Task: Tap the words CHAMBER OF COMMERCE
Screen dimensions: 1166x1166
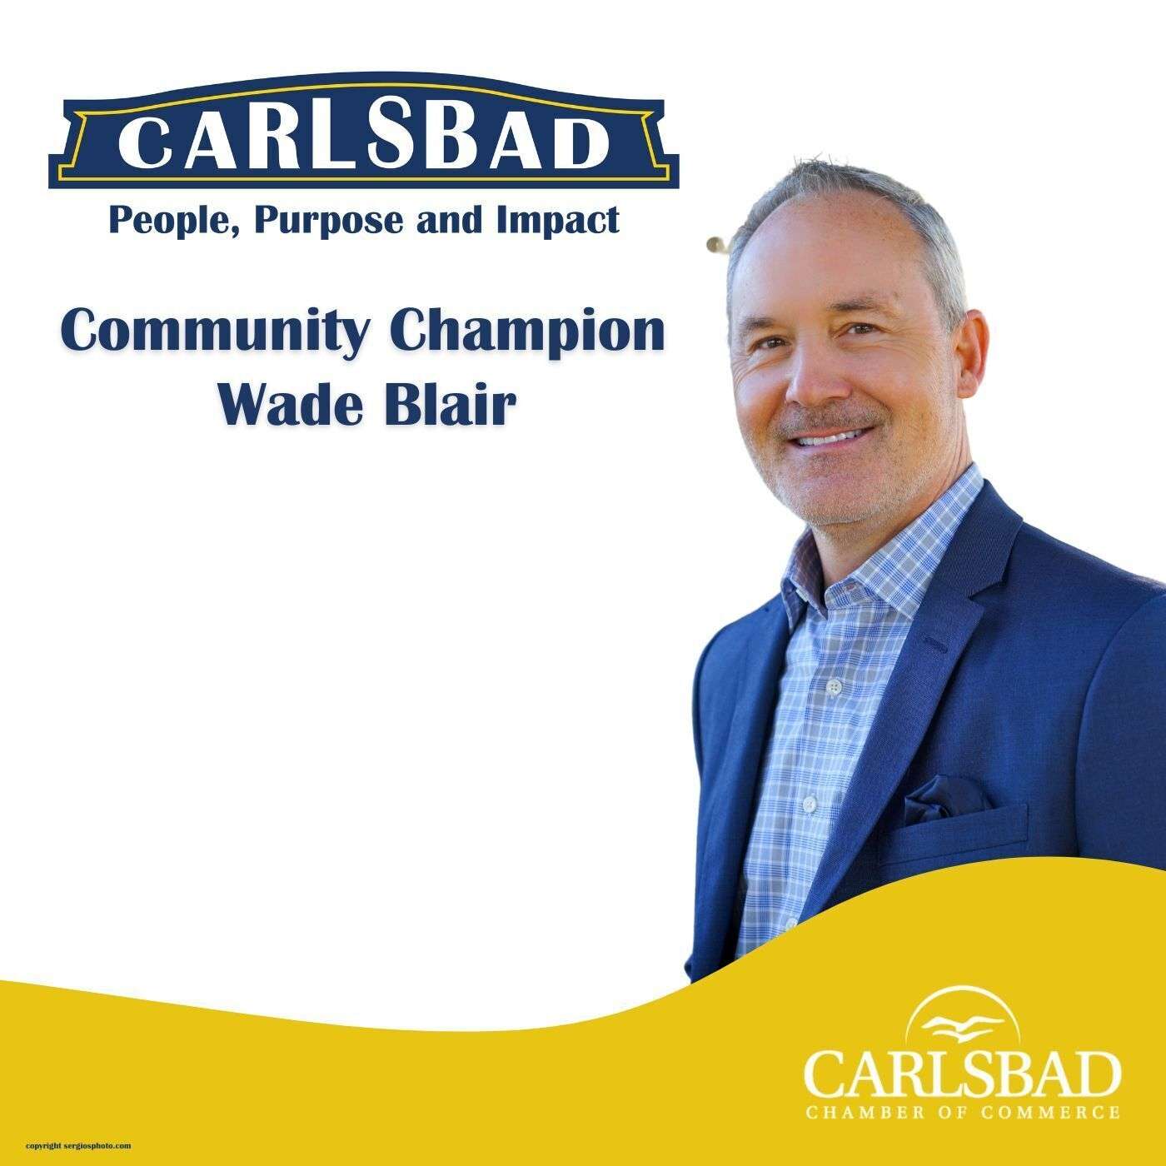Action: click(x=961, y=1113)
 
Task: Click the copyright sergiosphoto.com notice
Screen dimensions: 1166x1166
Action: click(x=78, y=1146)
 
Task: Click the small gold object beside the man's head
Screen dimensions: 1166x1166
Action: click(x=714, y=244)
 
